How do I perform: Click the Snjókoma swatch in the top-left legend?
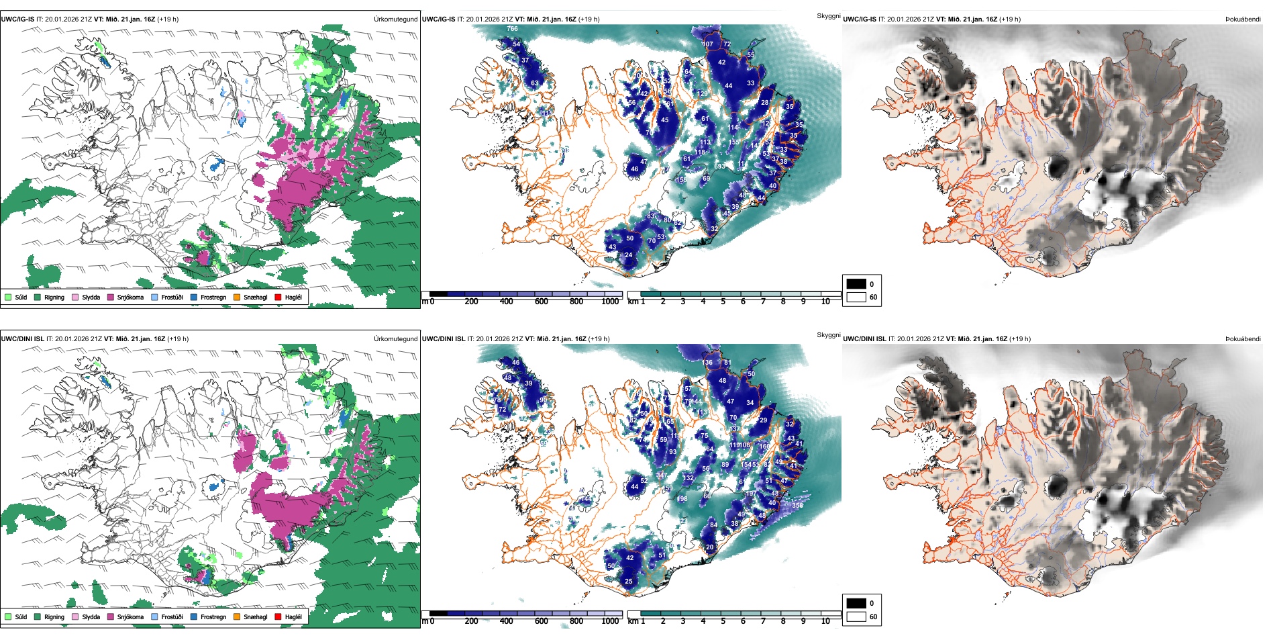click(x=111, y=297)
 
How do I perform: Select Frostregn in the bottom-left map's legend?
click(x=194, y=617)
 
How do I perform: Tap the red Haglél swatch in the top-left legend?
click(x=278, y=297)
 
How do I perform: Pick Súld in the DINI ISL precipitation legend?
click(x=8, y=617)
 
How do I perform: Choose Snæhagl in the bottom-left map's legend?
click(x=237, y=617)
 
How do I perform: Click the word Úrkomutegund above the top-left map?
click(x=395, y=19)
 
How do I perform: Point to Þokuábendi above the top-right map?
click(x=1243, y=19)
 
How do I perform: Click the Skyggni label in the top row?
click(x=828, y=15)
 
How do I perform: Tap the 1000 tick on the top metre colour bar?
click(x=610, y=302)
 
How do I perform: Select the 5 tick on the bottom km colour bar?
click(x=723, y=621)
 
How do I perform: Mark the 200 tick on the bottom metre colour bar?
click(x=472, y=621)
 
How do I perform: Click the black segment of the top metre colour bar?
click(x=438, y=294)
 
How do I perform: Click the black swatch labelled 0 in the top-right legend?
click(x=856, y=284)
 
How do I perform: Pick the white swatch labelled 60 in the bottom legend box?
click(x=856, y=617)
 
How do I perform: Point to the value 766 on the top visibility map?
click(x=513, y=29)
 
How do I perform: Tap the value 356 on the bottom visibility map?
click(x=797, y=505)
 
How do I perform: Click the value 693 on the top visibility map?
click(x=719, y=167)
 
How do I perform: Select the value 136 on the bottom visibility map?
click(x=707, y=363)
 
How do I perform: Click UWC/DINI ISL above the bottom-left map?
click(x=22, y=339)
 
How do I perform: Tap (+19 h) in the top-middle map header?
click(x=587, y=19)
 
